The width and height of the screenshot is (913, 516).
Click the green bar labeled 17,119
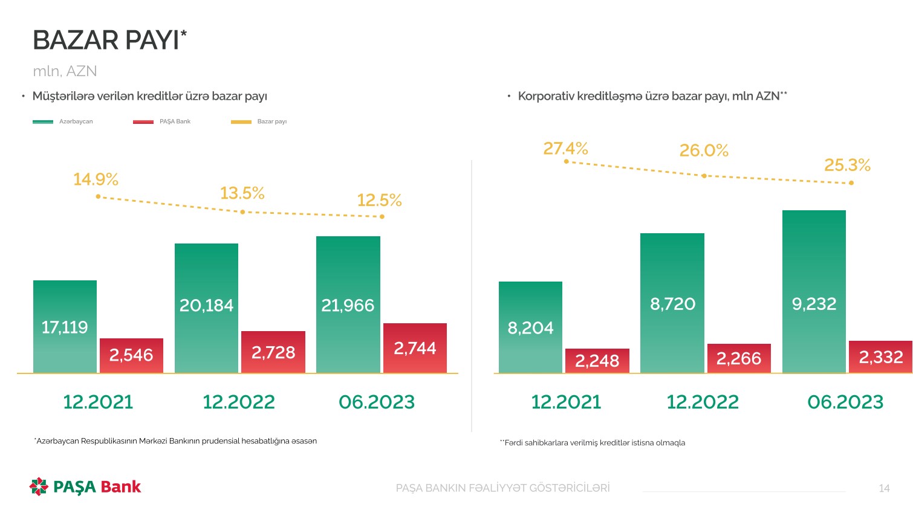coord(65,326)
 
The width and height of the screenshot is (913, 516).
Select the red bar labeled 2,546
coord(131,355)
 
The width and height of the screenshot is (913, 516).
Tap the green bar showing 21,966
coord(348,305)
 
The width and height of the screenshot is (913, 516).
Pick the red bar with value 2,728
coord(273,352)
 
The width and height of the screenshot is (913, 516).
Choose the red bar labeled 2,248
coord(597,361)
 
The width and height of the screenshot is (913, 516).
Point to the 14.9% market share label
coord(96,179)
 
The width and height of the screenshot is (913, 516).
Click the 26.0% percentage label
coord(704,150)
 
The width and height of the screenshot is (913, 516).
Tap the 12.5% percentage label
coord(379,200)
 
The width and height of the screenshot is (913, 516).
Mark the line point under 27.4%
coord(566,161)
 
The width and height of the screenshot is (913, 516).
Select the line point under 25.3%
coord(851,182)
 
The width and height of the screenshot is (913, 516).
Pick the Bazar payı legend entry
coord(259,121)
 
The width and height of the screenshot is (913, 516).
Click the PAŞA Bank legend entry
coord(162,121)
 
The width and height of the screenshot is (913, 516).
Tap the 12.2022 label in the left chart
coord(239,402)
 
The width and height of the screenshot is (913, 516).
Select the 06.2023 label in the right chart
coord(845,402)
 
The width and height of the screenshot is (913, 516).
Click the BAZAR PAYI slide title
coord(109,40)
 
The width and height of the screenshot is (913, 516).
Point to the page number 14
coord(884,488)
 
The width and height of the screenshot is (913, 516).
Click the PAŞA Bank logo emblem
coord(39,486)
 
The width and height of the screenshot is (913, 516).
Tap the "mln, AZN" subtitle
coord(65,71)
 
